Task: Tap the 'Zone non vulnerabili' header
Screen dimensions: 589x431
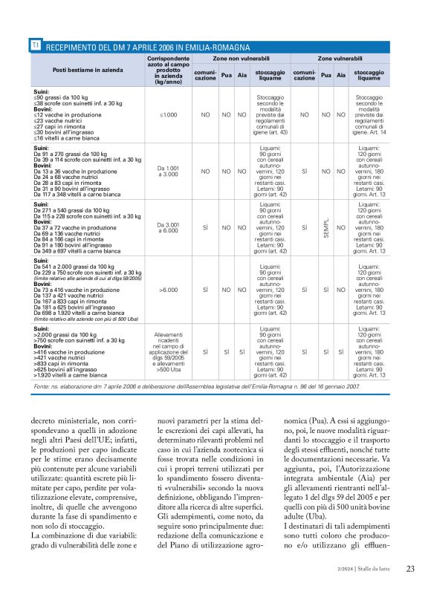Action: tap(241, 57)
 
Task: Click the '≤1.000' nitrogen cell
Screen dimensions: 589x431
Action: tap(169, 115)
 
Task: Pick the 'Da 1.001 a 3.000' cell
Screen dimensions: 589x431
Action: tap(169, 171)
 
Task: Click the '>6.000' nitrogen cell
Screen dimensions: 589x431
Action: tap(169, 288)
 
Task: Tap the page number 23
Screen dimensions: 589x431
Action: tap(410, 569)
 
